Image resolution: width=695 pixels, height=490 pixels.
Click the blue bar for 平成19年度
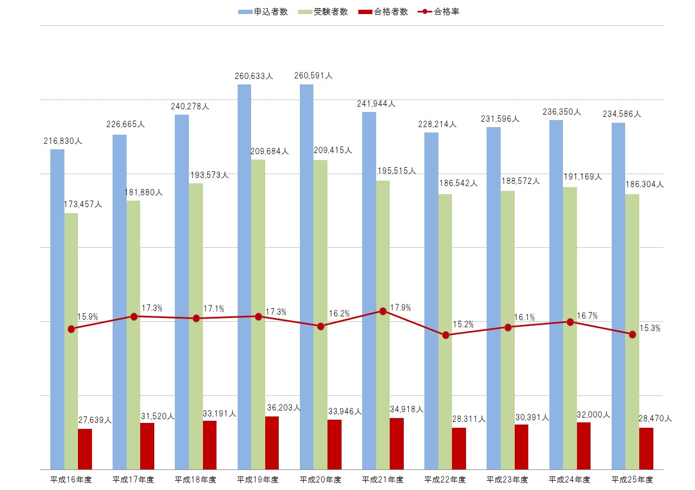(x=244, y=276)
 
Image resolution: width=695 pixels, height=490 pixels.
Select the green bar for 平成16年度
(x=71, y=341)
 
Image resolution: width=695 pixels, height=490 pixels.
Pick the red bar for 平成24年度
(x=583, y=446)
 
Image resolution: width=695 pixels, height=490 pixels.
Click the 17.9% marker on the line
(x=383, y=311)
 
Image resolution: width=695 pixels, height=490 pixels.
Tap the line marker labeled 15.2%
(x=445, y=335)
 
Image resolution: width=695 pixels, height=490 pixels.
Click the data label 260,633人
(x=254, y=76)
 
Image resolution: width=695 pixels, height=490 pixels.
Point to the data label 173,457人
(x=83, y=204)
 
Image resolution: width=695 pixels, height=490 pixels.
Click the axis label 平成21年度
(x=383, y=479)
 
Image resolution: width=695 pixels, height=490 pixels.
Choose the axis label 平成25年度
(x=632, y=479)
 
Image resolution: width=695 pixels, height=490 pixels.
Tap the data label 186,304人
(x=644, y=184)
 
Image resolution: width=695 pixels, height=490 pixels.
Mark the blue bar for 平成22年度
(x=431, y=300)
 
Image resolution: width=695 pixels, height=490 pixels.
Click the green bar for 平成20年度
(x=320, y=314)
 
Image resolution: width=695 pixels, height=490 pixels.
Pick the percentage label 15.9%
(x=88, y=317)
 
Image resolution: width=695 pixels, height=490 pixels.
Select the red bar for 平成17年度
(x=147, y=446)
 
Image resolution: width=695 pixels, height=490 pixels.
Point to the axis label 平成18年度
(x=195, y=479)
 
